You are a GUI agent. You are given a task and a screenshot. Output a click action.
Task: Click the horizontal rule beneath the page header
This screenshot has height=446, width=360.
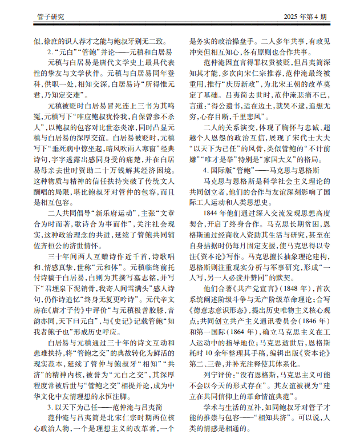point(180,28)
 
